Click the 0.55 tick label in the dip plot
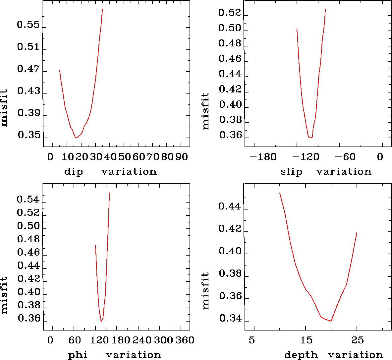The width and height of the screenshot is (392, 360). pyautogui.click(x=28, y=25)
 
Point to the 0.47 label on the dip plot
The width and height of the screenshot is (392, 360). pyautogui.click(x=28, y=69)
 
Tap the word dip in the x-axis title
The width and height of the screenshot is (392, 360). pyautogui.click(x=73, y=172)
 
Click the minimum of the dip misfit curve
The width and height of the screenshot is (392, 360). pyautogui.click(x=77, y=138)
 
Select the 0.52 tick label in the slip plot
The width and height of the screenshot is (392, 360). pyautogui.click(x=229, y=13)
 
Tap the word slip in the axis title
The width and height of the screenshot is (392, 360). pyautogui.click(x=291, y=172)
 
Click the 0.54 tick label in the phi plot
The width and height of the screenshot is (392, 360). pyautogui.click(x=28, y=200)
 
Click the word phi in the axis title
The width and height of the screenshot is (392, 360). pyautogui.click(x=78, y=355)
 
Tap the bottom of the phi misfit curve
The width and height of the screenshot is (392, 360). pyautogui.click(x=101, y=321)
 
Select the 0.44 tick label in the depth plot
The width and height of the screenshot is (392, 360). pyautogui.click(x=229, y=207)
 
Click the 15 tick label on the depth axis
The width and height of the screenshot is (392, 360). pyautogui.click(x=307, y=340)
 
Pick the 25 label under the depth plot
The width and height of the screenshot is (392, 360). pyautogui.click(x=358, y=340)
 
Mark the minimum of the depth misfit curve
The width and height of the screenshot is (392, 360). pyautogui.click(x=331, y=321)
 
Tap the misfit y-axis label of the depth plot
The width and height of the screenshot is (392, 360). pyautogui.click(x=206, y=291)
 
